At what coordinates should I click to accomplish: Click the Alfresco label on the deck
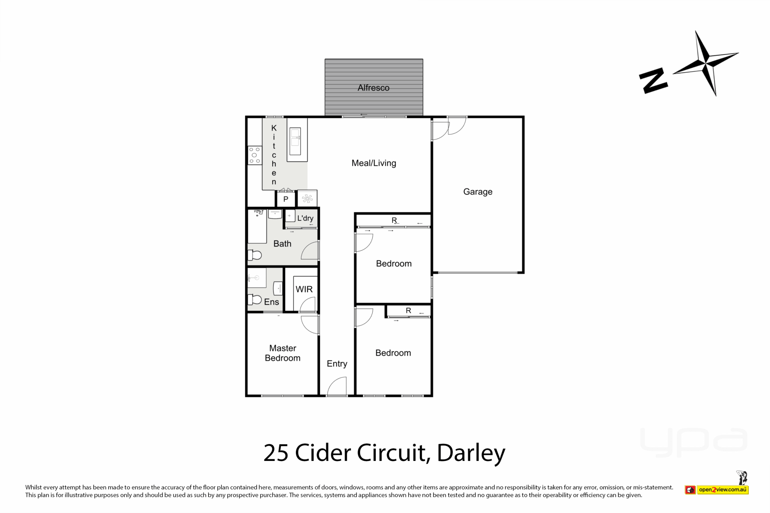pos(373,88)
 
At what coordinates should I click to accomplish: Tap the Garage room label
pos(478,192)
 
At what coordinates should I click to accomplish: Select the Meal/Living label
pos(374,163)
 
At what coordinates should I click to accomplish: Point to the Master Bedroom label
pos(283,353)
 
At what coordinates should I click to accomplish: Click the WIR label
pos(304,289)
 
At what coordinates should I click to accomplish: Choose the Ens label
pos(272,302)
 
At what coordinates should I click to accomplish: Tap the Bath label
pos(282,244)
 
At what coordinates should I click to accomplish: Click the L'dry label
pos(305,218)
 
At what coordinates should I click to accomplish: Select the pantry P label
pos(286,199)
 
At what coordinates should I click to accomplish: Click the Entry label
pos(337,364)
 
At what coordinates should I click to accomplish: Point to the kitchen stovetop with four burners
pos(255,156)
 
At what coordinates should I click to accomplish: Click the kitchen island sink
pos(295,141)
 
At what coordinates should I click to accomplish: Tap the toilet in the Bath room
pos(255,255)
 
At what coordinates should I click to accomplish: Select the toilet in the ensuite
pos(255,299)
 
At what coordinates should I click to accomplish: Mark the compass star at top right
pos(706,63)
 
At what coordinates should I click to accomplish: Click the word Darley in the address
pos(471,453)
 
